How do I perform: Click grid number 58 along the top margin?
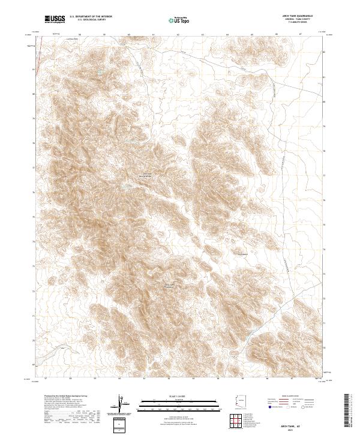[x=79, y=34]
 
